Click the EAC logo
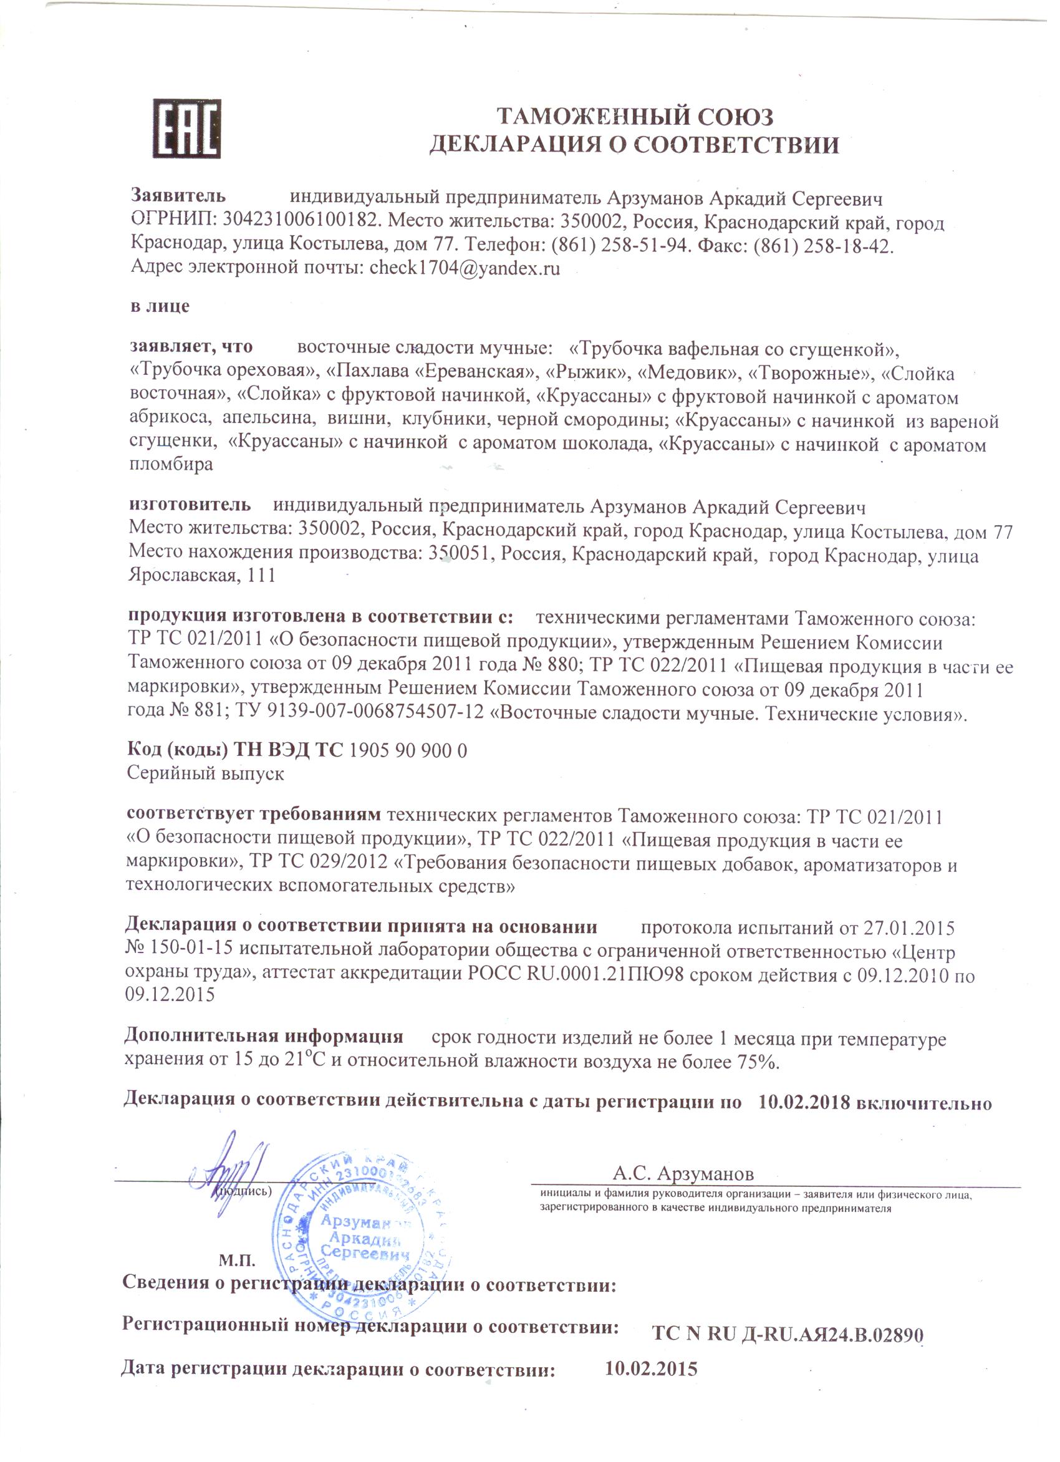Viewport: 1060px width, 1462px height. tap(187, 129)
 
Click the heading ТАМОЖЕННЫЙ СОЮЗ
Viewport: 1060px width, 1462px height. tap(635, 117)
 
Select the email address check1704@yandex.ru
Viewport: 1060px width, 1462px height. tap(465, 269)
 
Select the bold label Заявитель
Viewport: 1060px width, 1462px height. tap(178, 195)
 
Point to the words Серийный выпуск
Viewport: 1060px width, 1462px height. tap(206, 773)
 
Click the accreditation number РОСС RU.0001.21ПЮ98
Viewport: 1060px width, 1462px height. tap(575, 975)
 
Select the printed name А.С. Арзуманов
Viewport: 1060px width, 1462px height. tap(683, 1172)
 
